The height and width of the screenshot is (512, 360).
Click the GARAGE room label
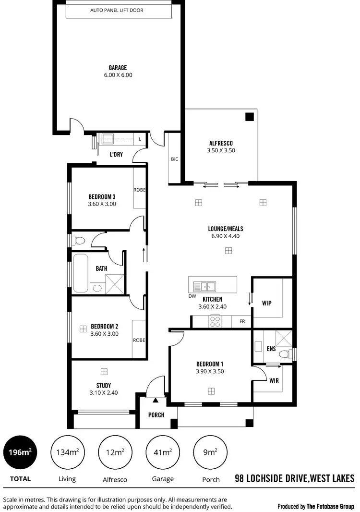click(x=118, y=68)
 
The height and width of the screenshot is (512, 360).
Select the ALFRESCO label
click(x=221, y=143)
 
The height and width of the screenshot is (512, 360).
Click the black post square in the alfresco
click(x=249, y=117)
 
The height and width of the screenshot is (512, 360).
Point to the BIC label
click(x=174, y=159)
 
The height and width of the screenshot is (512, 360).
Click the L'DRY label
click(x=117, y=154)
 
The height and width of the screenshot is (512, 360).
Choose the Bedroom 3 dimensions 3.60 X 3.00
click(x=102, y=204)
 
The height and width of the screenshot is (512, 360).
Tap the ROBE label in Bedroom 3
click(x=139, y=190)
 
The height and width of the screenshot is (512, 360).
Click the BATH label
click(x=101, y=268)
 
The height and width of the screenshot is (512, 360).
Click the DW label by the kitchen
click(x=192, y=296)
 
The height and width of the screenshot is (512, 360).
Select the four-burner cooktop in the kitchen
click(x=215, y=321)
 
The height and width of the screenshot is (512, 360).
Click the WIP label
click(x=267, y=303)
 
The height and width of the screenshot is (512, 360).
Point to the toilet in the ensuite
click(x=285, y=354)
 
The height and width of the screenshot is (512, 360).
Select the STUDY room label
click(x=104, y=385)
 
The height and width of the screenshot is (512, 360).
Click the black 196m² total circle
click(x=21, y=451)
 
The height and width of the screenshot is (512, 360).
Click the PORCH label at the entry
click(x=156, y=415)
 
